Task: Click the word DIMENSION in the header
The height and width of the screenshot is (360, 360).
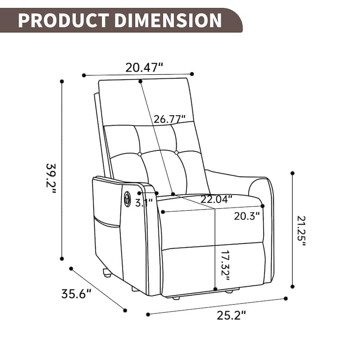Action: pyautogui.click(x=166, y=20)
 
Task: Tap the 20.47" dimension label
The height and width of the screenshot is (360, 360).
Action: pyautogui.click(x=144, y=67)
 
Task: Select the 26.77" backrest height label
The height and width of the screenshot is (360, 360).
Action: pyautogui.click(x=170, y=119)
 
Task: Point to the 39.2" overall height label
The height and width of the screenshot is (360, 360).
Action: pyautogui.click(x=50, y=177)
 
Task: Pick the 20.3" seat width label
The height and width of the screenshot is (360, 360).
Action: pyautogui.click(x=247, y=216)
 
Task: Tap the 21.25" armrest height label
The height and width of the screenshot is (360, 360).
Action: pyautogui.click(x=301, y=230)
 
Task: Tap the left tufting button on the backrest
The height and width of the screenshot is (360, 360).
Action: pyautogui.click(x=139, y=154)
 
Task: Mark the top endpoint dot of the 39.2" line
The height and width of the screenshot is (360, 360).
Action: pyautogui.click(x=62, y=81)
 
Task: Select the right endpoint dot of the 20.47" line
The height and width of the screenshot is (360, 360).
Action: pyautogui.click(x=192, y=74)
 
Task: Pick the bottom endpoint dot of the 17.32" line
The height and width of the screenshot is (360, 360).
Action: pyautogui.click(x=216, y=289)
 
